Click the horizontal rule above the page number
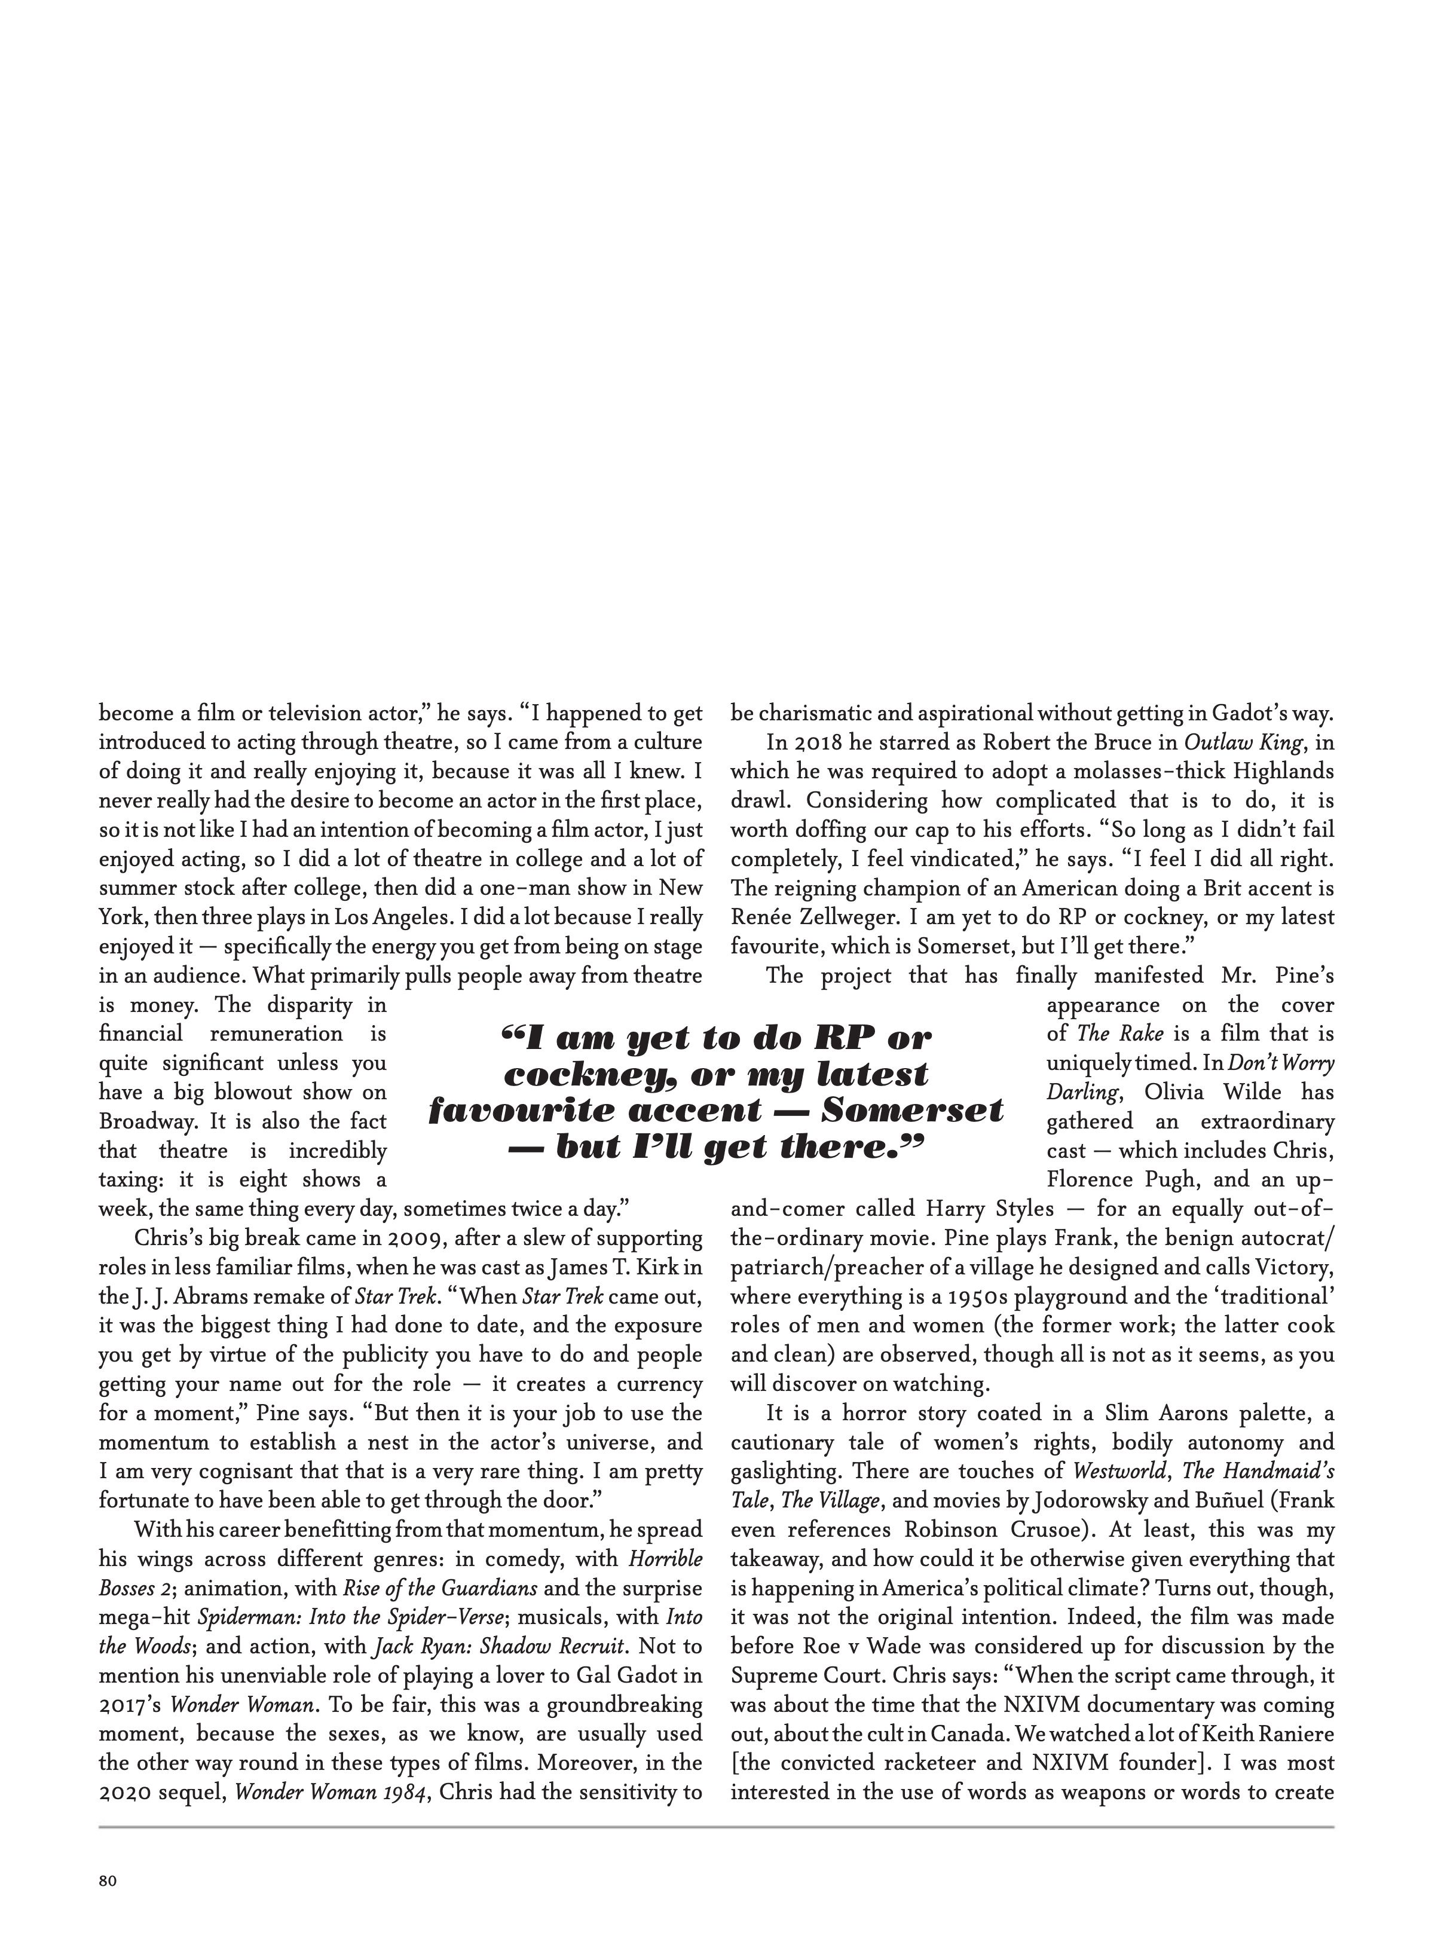tap(717, 1827)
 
